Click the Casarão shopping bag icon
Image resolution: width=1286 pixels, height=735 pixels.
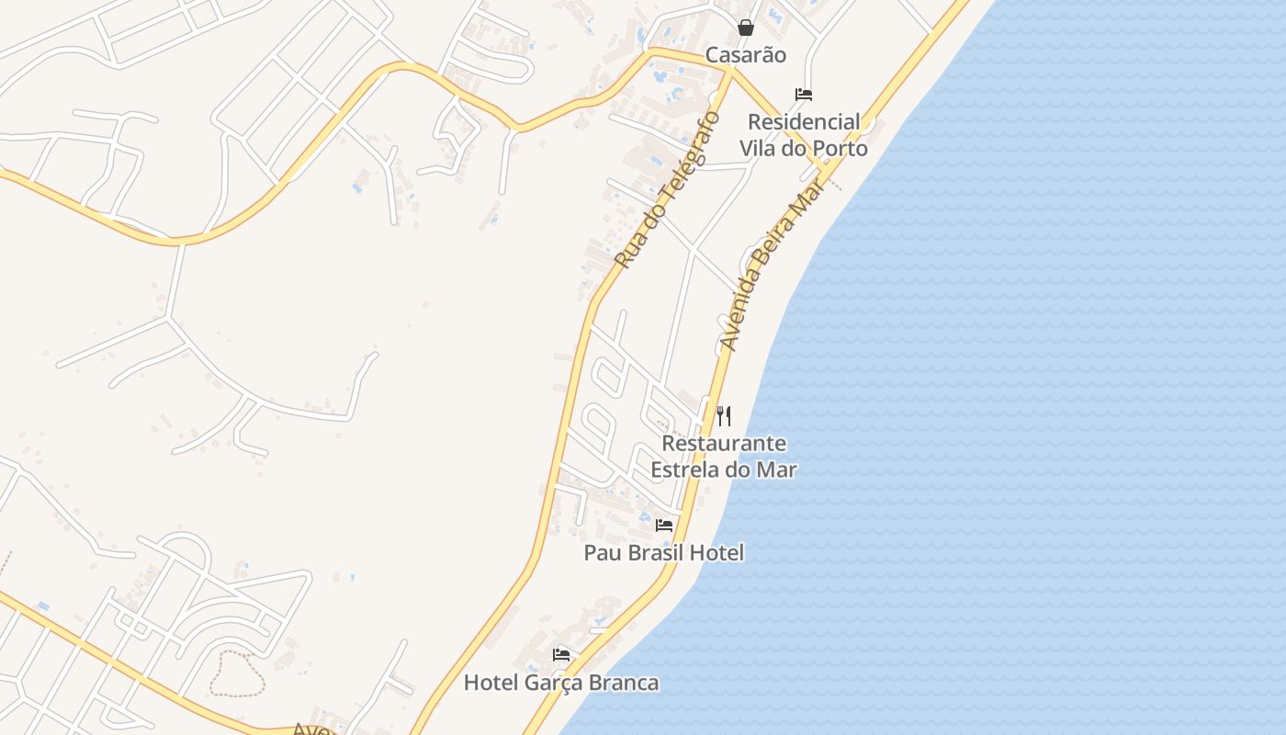pos(746,28)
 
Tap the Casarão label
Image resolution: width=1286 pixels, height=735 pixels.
pos(746,55)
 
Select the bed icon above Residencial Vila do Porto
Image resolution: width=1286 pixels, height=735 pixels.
pos(804,95)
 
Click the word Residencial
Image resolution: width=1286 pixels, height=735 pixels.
pos(804,122)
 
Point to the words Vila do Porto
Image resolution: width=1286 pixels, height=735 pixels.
pos(804,148)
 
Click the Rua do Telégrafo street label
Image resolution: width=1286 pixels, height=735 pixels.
pos(666,190)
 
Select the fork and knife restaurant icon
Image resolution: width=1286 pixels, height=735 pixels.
pos(724,416)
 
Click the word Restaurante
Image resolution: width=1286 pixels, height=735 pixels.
pos(724,444)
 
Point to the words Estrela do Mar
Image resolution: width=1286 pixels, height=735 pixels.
pos(724,469)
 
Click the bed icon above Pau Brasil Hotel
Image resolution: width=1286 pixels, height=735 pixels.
pos(664,526)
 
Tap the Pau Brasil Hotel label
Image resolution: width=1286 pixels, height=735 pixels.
pos(664,553)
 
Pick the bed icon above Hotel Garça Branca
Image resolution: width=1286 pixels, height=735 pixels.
pos(561,655)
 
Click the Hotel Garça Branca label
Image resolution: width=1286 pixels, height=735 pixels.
pos(561,683)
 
